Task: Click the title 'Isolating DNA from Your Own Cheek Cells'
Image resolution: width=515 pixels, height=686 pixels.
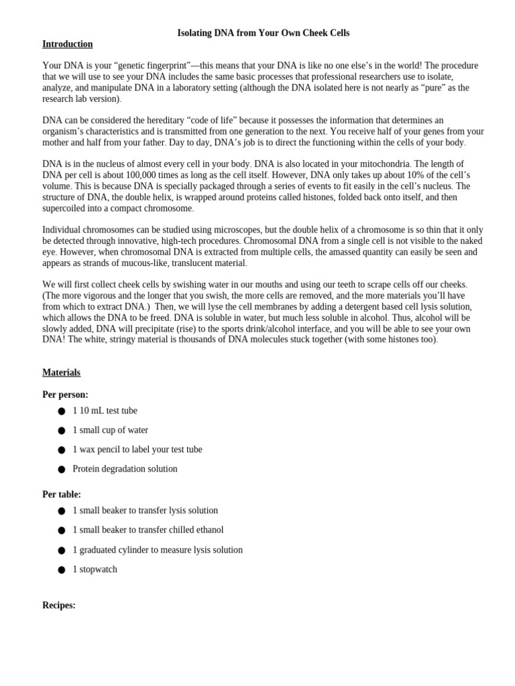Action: coord(263,33)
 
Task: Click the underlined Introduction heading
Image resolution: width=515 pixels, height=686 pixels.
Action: coord(68,44)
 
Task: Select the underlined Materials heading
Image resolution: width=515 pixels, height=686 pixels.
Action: coord(61,372)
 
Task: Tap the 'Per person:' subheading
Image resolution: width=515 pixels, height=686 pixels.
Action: coord(65,395)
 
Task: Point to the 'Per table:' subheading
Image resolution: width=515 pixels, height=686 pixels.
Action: coord(62,494)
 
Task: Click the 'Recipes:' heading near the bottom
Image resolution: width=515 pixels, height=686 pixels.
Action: coord(59,605)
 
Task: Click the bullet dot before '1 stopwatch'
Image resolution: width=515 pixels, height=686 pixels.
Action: coord(62,569)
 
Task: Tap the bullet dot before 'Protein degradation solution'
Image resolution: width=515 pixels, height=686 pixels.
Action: coord(62,469)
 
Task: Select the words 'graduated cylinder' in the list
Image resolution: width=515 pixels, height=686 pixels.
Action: coord(115,550)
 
